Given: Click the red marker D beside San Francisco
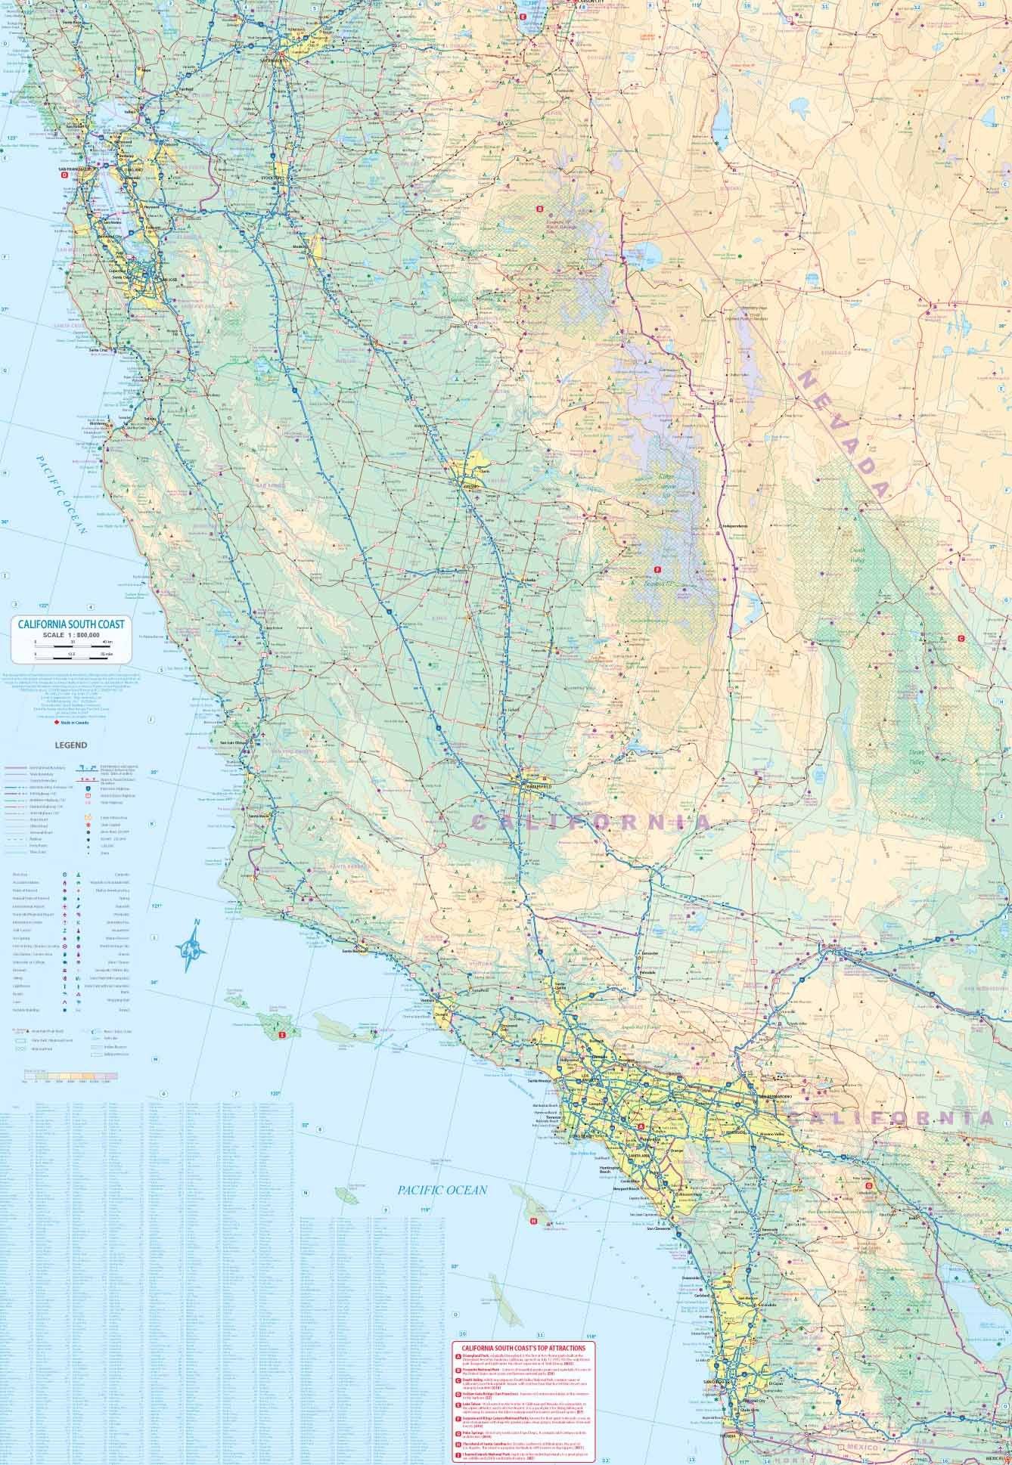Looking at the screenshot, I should (x=64, y=174).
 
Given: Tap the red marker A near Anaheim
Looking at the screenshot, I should (x=642, y=1125).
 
